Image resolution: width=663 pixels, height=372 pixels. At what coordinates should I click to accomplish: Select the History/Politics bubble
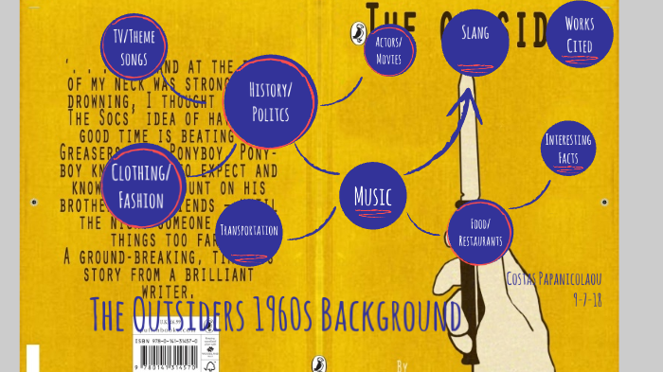[270, 101]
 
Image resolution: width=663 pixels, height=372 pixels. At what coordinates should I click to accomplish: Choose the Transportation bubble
[249, 230]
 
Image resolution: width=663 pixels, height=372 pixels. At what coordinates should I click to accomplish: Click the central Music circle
[372, 197]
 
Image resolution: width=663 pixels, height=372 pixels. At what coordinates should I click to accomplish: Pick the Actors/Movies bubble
[388, 51]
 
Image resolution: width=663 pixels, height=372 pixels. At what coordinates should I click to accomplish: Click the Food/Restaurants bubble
[480, 233]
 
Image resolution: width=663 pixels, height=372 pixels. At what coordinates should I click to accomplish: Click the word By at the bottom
[402, 363]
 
